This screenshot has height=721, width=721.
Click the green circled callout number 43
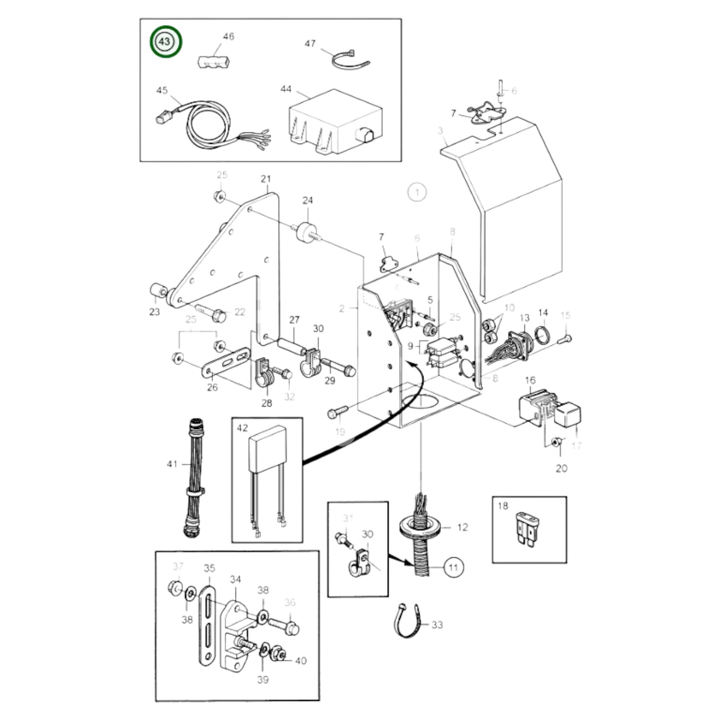point(165,42)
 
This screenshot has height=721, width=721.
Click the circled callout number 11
point(453,567)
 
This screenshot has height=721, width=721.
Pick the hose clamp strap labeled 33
point(406,624)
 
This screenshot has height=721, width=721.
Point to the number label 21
point(265,179)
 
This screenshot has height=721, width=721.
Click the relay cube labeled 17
point(568,417)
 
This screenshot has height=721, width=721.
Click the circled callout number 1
point(417,192)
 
